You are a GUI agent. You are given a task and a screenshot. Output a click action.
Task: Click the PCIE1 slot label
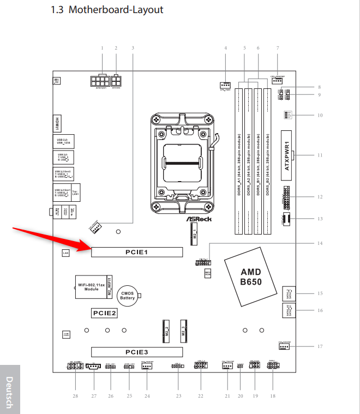137,253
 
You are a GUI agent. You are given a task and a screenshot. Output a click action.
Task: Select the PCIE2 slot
104,313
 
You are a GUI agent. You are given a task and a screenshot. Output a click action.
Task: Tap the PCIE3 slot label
137,352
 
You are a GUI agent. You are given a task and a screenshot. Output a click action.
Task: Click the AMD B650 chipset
251,277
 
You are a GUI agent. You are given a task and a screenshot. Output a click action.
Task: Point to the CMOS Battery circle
127,295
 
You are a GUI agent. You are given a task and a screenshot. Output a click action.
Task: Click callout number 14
320,243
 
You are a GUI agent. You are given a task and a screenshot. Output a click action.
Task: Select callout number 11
320,155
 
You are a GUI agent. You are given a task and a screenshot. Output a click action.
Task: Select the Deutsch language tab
10,392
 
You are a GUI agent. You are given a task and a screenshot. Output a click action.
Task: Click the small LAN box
65,253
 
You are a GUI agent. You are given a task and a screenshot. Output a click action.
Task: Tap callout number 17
320,346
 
